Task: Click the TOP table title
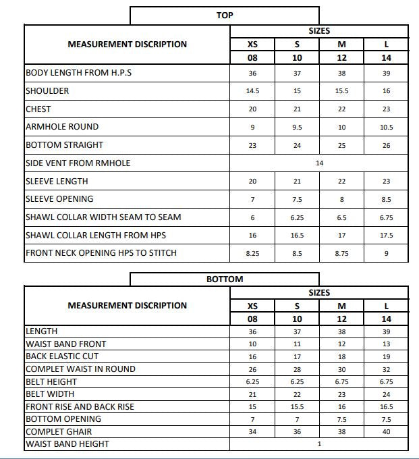click(x=225, y=15)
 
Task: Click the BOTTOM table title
click(x=225, y=279)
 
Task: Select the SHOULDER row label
click(x=47, y=90)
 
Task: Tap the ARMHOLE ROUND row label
click(x=62, y=127)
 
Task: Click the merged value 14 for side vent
click(x=319, y=163)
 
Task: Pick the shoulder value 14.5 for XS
click(x=252, y=91)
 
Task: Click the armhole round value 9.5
click(x=297, y=127)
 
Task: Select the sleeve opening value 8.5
click(x=386, y=199)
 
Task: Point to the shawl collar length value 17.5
click(x=386, y=236)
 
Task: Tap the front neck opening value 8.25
click(x=252, y=254)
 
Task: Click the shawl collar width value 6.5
click(x=341, y=217)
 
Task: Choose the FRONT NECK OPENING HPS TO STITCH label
click(x=101, y=253)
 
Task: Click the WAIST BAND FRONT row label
click(x=65, y=344)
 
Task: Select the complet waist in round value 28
click(x=297, y=369)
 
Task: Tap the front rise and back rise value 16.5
click(x=386, y=407)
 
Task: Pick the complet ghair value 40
click(x=386, y=432)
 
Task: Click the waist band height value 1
click(x=319, y=444)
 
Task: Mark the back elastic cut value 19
click(x=386, y=356)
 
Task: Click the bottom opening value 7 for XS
click(x=252, y=419)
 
